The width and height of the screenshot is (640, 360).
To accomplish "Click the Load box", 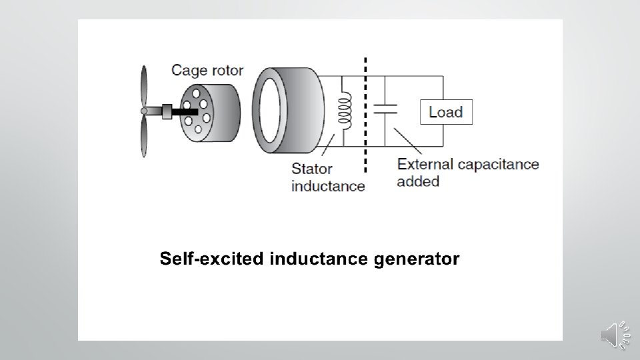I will [446, 111].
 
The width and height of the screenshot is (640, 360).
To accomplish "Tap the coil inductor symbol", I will [345, 110].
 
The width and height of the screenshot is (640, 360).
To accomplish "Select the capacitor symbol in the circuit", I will [385, 109].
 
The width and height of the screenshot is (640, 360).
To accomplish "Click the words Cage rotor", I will [207, 69].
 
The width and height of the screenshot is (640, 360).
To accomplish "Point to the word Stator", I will [311, 169].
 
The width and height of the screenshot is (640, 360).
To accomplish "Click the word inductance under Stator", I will [328, 185].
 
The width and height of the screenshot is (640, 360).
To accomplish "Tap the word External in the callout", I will [425, 163].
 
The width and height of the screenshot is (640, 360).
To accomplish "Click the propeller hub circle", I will [143, 111].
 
